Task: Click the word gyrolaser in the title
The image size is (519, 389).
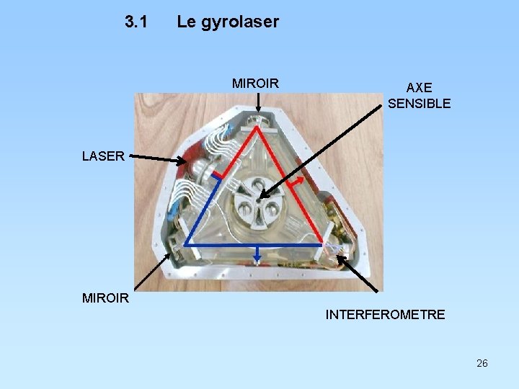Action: (x=239, y=22)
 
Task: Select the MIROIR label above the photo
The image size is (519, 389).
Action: (x=255, y=84)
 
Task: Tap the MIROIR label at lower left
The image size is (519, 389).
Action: (x=105, y=298)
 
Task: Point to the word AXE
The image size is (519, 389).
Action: (x=419, y=88)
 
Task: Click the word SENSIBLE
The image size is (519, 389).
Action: (x=419, y=104)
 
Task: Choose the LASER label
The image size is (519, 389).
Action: (x=103, y=156)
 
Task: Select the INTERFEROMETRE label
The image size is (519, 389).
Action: (x=385, y=315)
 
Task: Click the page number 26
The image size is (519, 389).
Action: (x=482, y=363)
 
